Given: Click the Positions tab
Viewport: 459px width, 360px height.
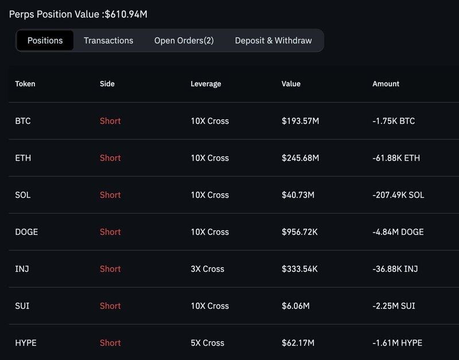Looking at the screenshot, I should click(x=45, y=41).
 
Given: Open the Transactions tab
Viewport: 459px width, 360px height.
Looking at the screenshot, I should click(x=108, y=41).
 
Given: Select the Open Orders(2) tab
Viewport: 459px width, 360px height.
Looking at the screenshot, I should click(x=184, y=41).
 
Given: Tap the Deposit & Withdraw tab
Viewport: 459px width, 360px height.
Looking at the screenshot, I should click(x=273, y=41).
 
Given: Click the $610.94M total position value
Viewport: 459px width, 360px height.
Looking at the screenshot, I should click(x=125, y=13).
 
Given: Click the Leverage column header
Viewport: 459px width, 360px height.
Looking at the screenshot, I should click(x=205, y=84).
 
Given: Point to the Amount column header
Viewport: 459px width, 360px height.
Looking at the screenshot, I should click(x=386, y=84).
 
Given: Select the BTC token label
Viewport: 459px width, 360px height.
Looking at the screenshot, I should click(x=23, y=121).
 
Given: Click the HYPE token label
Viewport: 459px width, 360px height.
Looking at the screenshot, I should click(x=26, y=343).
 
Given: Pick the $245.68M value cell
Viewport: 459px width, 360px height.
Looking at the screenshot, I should click(x=301, y=158).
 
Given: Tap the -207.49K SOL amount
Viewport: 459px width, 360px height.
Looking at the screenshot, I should click(x=398, y=195).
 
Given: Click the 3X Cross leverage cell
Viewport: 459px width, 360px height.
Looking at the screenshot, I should click(x=207, y=269).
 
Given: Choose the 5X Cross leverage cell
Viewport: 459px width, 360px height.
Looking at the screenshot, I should click(x=207, y=343).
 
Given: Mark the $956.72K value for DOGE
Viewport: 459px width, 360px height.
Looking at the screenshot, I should click(x=301, y=232).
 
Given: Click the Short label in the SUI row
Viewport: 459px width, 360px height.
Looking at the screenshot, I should click(x=110, y=306).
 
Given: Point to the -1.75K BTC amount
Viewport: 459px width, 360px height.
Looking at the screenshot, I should click(x=394, y=121).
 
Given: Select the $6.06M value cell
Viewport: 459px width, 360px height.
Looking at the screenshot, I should click(x=295, y=306).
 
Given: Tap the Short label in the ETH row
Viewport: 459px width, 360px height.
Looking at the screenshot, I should click(x=110, y=158).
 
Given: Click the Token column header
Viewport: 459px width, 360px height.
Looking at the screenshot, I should click(x=25, y=84).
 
